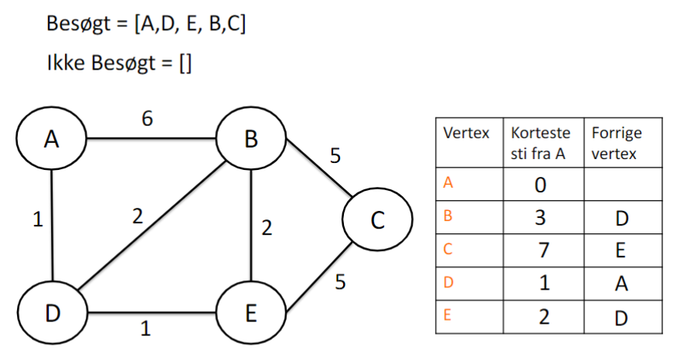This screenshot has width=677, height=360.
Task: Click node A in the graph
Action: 52,140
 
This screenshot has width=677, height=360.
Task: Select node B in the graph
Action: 251,140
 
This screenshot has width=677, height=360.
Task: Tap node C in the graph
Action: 377,220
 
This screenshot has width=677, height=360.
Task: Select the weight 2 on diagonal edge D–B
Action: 138,217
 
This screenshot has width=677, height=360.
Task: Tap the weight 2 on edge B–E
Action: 268,229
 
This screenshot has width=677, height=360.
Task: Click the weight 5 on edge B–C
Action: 335,156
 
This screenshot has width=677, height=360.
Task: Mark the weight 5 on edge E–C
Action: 340,283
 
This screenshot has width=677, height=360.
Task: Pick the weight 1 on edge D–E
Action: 145,329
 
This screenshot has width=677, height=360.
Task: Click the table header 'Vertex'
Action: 466,134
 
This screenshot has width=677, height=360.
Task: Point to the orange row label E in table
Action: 447,314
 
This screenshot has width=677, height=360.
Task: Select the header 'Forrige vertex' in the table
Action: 616,143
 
